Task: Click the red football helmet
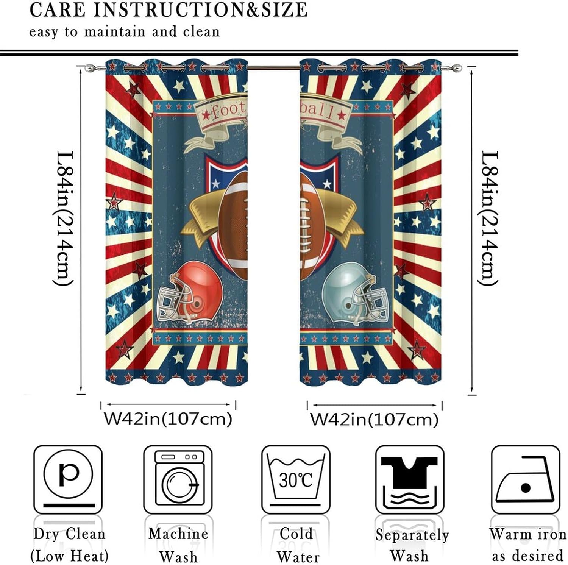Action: point(189,293)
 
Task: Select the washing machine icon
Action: point(178,479)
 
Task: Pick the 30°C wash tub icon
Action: point(296,479)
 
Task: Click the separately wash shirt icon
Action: point(409,479)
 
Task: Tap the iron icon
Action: point(525,479)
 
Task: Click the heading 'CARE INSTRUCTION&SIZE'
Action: point(169,10)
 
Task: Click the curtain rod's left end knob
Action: point(89,68)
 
